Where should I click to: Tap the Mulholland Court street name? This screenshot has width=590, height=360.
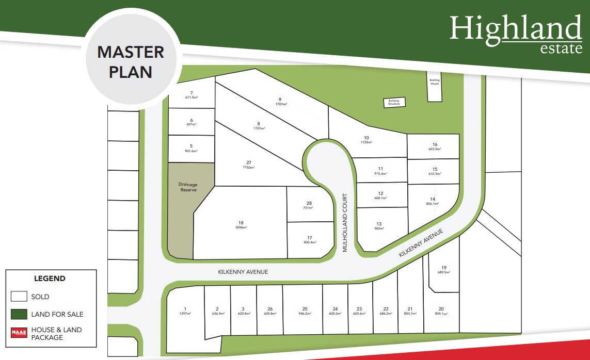coord(345,223)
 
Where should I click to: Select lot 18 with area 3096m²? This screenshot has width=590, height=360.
coord(241,225)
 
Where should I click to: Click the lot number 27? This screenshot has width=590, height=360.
coord(248,162)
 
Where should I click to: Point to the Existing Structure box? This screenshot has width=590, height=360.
coord(394,103)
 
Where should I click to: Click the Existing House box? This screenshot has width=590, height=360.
coord(435,81)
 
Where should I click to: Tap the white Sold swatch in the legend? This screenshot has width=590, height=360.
coord(19,297)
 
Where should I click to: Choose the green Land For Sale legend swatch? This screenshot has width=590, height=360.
coord(19,314)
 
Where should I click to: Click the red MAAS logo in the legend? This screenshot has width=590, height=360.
coord(19,333)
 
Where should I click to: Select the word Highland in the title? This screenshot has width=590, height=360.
coord(515,29)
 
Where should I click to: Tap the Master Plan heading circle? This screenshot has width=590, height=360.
coord(131,61)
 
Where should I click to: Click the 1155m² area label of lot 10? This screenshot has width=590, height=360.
coord(366,142)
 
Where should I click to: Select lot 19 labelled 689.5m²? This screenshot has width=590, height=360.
coord(443,269)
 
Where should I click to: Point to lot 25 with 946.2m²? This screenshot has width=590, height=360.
coord(305,311)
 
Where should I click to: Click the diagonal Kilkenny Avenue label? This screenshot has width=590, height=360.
coord(421,244)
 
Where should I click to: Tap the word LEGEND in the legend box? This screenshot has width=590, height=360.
coord(50,279)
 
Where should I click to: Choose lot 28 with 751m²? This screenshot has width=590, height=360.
coord(309,205)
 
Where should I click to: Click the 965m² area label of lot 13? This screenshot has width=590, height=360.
coord(379,228)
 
